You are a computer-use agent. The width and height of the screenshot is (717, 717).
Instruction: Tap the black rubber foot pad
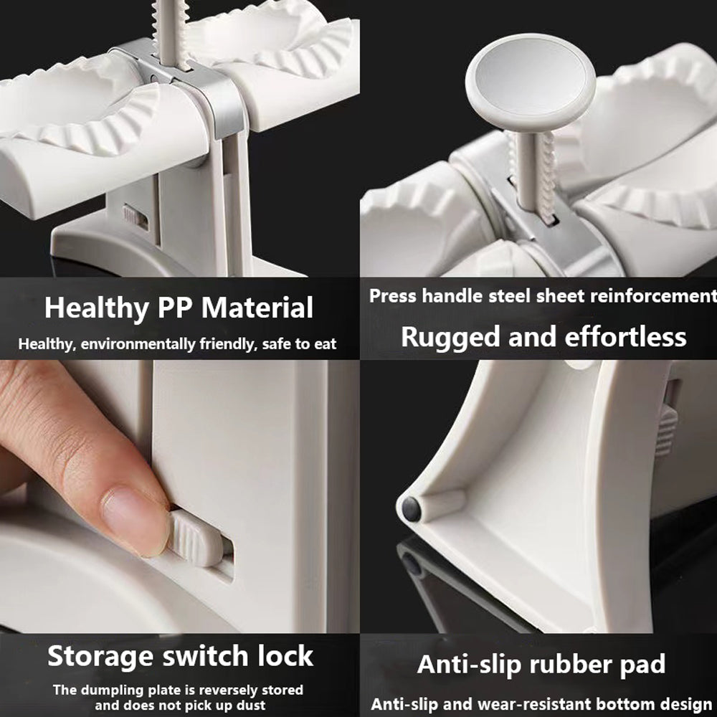[x=411, y=509]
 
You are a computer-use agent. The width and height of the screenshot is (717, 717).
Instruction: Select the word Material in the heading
[x=257, y=308]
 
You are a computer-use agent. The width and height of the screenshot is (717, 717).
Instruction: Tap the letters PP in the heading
[x=175, y=308]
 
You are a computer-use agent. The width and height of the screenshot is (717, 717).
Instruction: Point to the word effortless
[x=625, y=337]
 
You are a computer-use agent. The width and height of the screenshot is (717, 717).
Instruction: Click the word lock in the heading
[x=285, y=656]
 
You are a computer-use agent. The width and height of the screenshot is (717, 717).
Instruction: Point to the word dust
[x=250, y=706]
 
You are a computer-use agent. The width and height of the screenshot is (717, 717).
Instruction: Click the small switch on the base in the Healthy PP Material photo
[x=135, y=217]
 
